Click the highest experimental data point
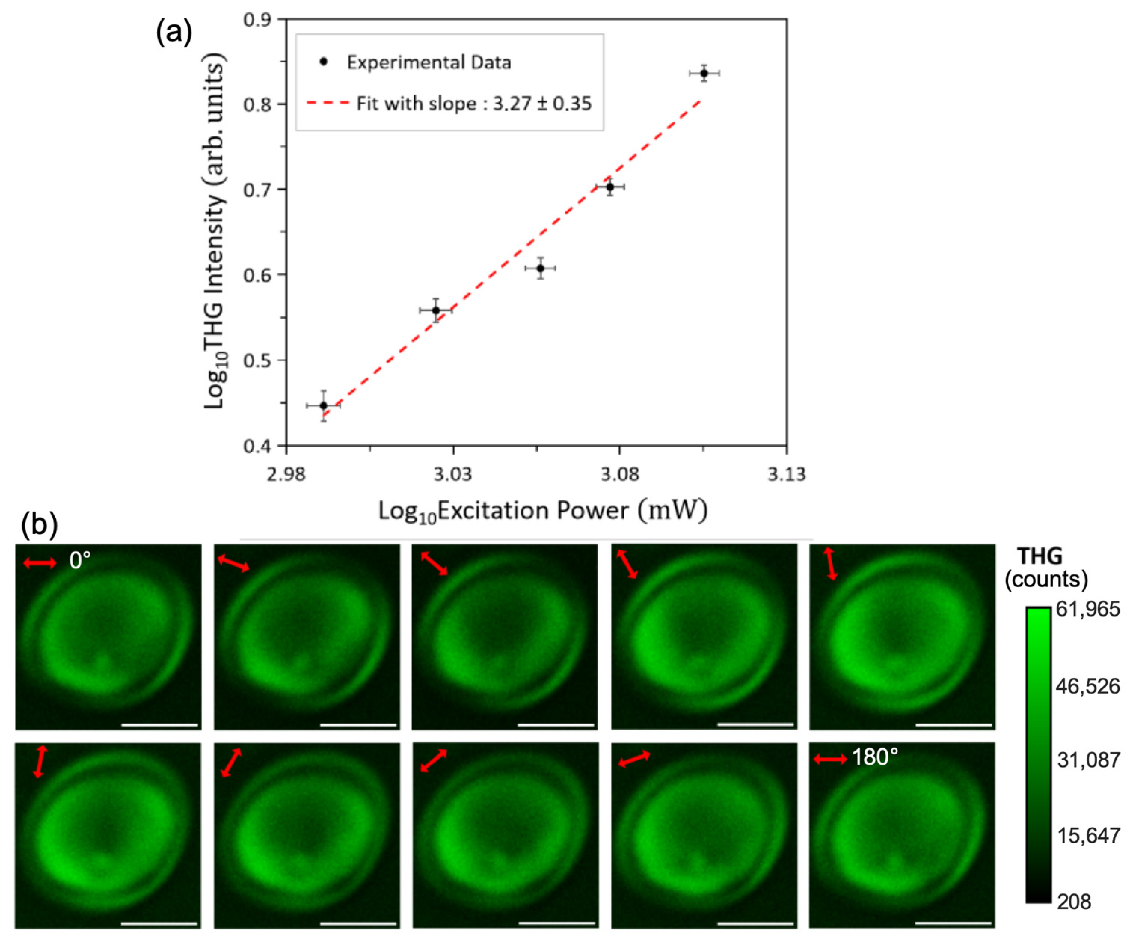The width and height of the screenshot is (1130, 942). click(x=704, y=73)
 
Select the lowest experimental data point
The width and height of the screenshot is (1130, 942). click(x=323, y=405)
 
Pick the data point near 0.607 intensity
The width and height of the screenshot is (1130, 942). click(x=540, y=268)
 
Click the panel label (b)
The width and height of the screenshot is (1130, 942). click(x=39, y=524)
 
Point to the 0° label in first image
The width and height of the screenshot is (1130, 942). click(x=80, y=561)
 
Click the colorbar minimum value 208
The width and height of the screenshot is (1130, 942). click(x=1074, y=901)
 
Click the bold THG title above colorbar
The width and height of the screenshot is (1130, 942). click(x=1040, y=556)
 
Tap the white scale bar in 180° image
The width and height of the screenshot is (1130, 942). click(x=953, y=923)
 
